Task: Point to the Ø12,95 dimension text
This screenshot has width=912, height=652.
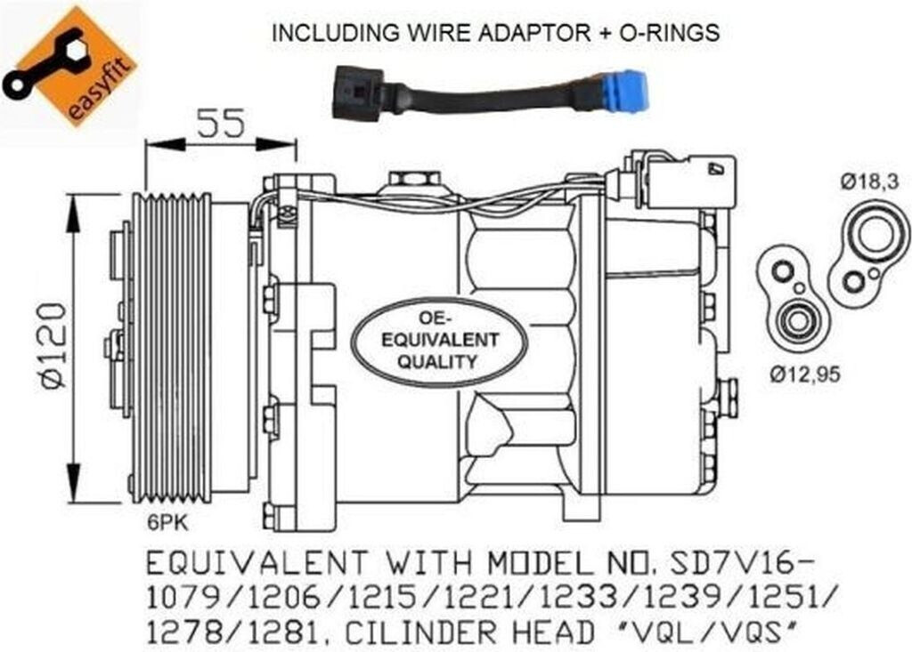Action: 804,374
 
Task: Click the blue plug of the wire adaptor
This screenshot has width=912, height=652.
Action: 623,90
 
